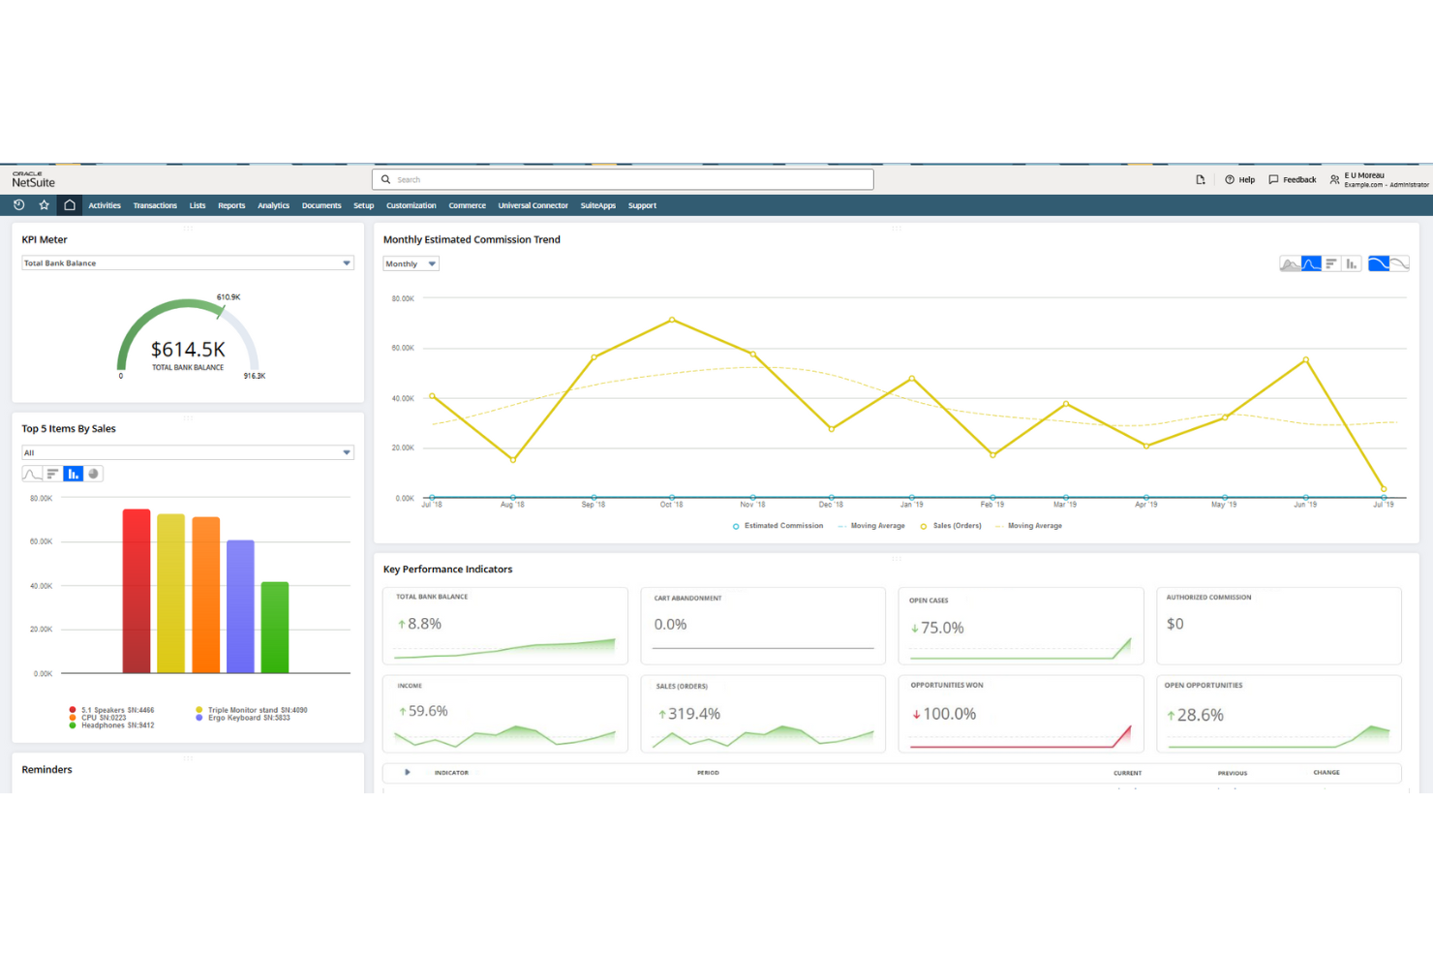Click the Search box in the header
coord(622,179)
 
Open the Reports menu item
coord(231,205)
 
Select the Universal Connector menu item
coord(533,205)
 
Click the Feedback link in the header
coord(1293,179)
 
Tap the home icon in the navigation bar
coord(70,205)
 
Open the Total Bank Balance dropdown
coord(187,263)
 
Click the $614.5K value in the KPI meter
coord(188,350)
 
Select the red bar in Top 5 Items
coord(137,591)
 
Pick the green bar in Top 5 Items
coord(275,627)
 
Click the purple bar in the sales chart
coord(240,606)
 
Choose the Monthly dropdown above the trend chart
coord(411,263)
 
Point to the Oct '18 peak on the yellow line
coord(672,320)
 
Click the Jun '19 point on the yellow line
coord(1306,359)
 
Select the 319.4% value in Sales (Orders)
coord(693,714)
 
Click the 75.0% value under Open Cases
coord(941,628)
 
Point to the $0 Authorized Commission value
coord(1175,624)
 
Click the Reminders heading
coord(47,770)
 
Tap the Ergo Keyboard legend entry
coord(248,718)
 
